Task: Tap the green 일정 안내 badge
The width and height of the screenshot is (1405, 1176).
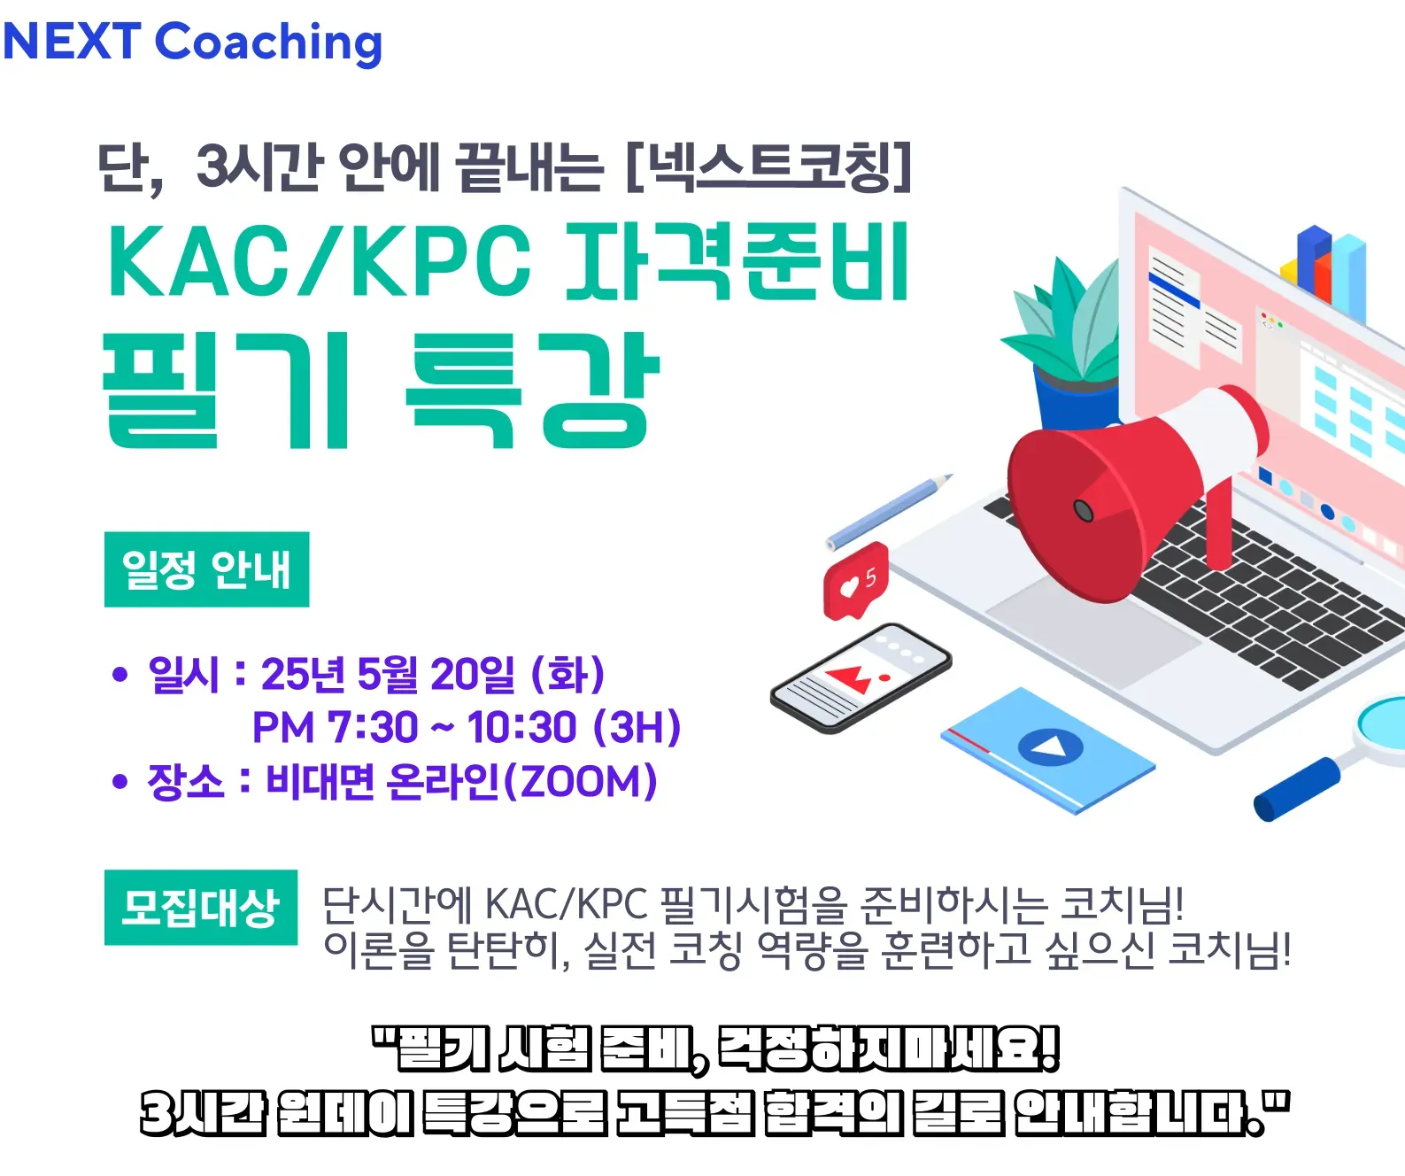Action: point(206,569)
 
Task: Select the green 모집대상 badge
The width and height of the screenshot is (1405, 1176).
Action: point(200,908)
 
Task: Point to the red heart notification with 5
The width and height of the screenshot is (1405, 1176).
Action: point(856,580)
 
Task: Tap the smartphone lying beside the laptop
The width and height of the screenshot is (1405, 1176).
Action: point(861,678)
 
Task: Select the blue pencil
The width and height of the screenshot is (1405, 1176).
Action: point(890,512)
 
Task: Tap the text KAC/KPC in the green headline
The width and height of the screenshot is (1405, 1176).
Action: point(319,261)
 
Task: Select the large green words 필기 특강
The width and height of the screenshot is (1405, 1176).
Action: point(381,391)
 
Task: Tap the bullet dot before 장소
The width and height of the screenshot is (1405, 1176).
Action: point(120,782)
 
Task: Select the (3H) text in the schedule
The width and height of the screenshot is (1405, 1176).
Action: point(637,728)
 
